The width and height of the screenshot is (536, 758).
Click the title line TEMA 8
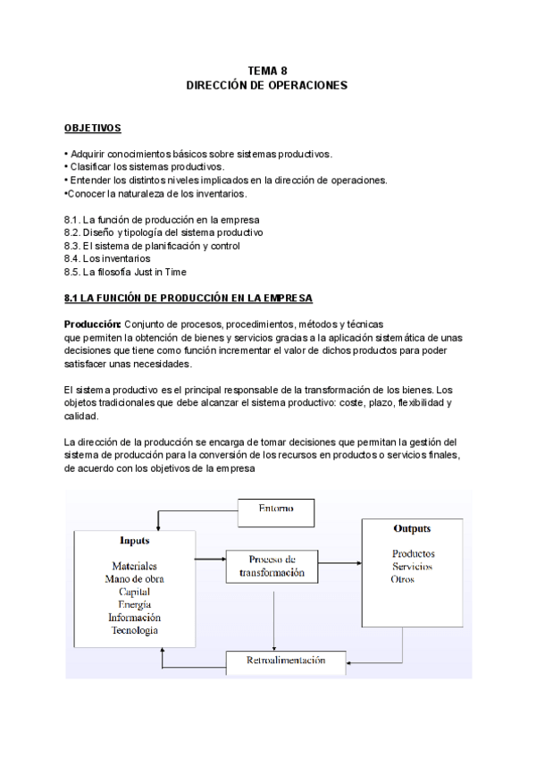(x=266, y=72)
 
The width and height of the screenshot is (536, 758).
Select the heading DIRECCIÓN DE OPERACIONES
(x=266, y=86)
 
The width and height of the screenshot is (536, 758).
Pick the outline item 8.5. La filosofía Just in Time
(x=125, y=272)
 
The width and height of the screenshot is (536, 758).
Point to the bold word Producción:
(x=93, y=323)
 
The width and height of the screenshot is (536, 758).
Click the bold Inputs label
(x=135, y=541)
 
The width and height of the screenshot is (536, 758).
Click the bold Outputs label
(x=413, y=529)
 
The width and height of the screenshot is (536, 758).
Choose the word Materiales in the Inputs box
(x=135, y=566)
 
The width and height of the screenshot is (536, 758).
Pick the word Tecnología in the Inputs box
(x=135, y=630)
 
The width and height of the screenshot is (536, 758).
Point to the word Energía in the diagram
(x=135, y=605)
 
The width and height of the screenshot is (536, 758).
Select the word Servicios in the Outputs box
(x=413, y=567)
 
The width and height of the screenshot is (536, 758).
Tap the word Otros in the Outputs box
(x=403, y=579)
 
